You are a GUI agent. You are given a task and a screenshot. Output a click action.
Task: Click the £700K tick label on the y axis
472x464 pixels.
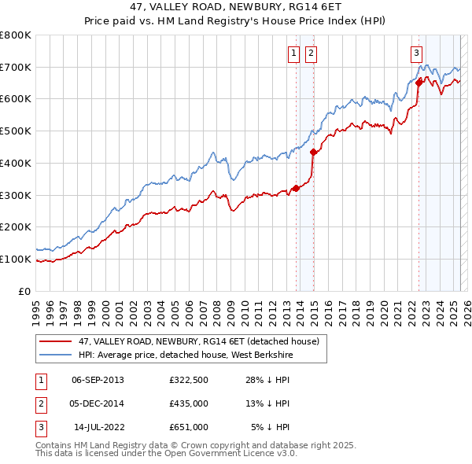pos(16,67)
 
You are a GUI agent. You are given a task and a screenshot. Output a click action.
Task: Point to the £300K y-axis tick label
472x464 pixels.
pos(16,195)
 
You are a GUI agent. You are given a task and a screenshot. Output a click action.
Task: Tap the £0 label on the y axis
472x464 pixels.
pos(25,291)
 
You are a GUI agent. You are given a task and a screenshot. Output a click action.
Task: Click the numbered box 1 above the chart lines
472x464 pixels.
pos(293,53)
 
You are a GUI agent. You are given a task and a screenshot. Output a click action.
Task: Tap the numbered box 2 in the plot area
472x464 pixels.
pos(311,53)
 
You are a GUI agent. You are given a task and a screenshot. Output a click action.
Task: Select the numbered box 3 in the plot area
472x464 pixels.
pos(415,53)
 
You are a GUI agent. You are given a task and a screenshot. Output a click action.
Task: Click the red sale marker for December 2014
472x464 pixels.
pos(313,152)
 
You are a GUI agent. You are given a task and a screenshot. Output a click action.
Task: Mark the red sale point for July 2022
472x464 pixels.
pos(419,83)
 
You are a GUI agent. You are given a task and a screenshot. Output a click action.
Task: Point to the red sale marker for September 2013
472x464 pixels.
pos(296,188)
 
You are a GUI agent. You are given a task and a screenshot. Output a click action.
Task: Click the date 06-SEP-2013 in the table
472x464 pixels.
pos(98,381)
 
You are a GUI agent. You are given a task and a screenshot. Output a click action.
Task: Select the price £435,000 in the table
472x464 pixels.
pos(188,403)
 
